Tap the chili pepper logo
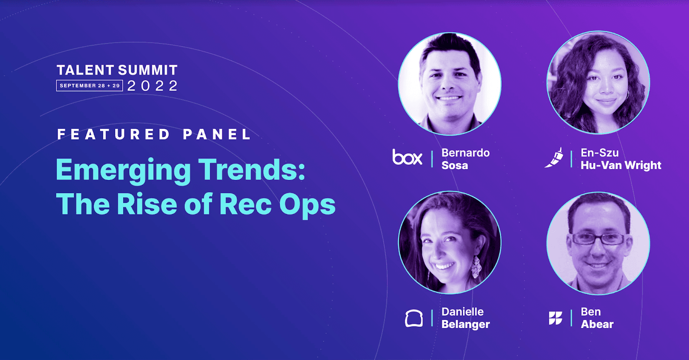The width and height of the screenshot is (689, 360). pos(554,158)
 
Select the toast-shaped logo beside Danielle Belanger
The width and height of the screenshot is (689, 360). pos(414,318)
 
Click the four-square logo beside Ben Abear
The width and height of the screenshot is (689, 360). pos(556,318)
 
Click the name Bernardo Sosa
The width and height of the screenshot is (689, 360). pos(466,159)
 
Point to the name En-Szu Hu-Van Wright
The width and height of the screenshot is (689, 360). pos(621,159)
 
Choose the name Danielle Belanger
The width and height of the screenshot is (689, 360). pos(466,318)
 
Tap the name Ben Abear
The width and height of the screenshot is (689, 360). pos(597,318)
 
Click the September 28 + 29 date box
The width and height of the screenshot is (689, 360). pos(90,86)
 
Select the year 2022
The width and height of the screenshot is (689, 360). pos(152,86)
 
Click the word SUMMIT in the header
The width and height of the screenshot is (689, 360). pos(148,70)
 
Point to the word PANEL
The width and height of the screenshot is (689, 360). pos(217,134)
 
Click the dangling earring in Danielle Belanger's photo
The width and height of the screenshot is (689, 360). pos(476,267)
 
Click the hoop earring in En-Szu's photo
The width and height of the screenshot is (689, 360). pos(627,94)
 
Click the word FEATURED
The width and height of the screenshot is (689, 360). pos(113,134)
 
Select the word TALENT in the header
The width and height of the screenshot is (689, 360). pos(85,70)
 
